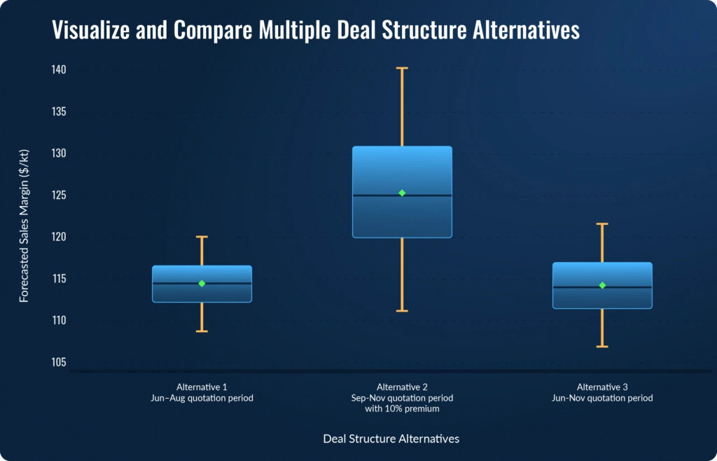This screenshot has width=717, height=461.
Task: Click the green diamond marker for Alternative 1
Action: [202, 284]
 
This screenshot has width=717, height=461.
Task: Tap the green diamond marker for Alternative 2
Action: [402, 193]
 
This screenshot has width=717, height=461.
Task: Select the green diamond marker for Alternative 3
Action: [602, 285]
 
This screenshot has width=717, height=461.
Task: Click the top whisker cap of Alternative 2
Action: [402, 68]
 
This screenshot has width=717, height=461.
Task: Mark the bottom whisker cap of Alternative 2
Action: [402, 310]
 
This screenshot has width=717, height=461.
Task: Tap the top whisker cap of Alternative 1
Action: [202, 237]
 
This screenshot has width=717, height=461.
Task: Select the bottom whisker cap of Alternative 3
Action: [602, 346]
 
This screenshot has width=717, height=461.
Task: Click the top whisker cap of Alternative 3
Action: [602, 223]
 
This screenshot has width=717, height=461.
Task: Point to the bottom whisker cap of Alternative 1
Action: [202, 331]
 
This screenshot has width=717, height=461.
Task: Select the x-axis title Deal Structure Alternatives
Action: [391, 439]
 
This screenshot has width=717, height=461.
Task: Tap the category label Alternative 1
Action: [202, 387]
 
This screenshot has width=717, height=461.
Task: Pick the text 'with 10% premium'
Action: [402, 409]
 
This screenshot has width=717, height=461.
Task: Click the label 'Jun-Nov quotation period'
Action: [602, 398]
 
